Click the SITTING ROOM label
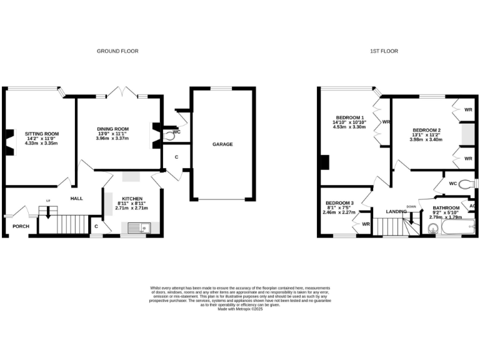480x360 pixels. tap(41, 133)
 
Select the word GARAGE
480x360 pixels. tap(222, 144)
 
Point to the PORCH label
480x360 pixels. tap(20, 226)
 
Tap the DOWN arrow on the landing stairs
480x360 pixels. tap(411, 216)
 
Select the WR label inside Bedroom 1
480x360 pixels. tap(386, 122)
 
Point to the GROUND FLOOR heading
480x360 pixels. tap(117, 51)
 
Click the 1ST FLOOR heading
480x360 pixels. tap(384, 51)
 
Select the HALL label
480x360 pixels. tap(76, 198)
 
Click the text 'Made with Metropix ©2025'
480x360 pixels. tap(239, 309)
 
